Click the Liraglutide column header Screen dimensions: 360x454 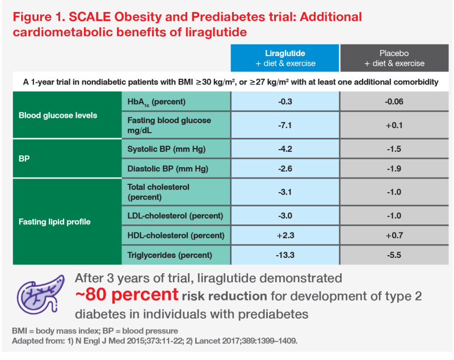click(285, 58)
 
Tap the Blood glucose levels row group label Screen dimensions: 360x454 click(58, 115)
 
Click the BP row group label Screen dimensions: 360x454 click(25, 159)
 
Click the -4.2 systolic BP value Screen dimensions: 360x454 click(285, 150)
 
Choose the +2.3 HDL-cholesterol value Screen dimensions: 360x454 click(285, 235)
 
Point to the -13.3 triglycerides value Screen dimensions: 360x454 click(285, 255)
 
